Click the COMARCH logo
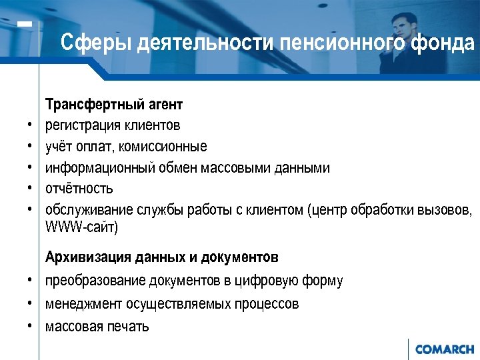444,349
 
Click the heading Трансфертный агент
114,105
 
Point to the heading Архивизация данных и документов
162,257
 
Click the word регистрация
83,125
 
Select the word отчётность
79,189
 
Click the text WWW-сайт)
81,227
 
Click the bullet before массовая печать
31,326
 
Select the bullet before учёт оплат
31,146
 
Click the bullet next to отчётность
31,189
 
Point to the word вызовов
447,210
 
